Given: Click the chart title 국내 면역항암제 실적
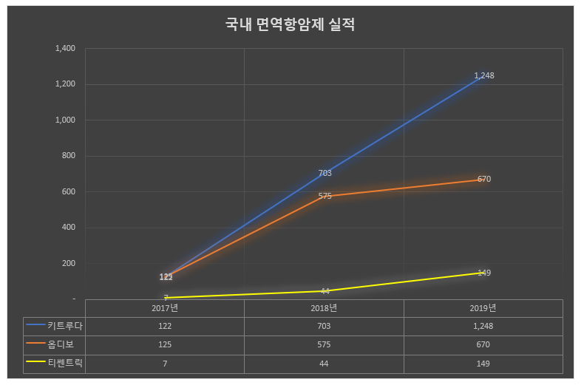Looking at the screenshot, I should pyautogui.click(x=291, y=24).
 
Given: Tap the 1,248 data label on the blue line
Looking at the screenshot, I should pyautogui.click(x=483, y=75).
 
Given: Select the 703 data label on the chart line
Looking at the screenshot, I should pyautogui.click(x=325, y=173).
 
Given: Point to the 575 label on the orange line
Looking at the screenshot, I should pyautogui.click(x=325, y=197).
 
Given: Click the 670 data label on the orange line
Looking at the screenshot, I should pyautogui.click(x=484, y=179).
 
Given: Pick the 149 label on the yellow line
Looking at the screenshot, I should pyautogui.click(x=484, y=273).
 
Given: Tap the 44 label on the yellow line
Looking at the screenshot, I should pyautogui.click(x=325, y=291).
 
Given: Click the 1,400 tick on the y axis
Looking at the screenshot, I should pyautogui.click(x=65, y=48).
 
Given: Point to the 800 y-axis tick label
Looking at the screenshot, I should pyautogui.click(x=69, y=156).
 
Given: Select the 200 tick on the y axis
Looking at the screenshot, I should pyautogui.click(x=69, y=263).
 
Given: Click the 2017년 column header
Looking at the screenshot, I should pyautogui.click(x=165, y=307).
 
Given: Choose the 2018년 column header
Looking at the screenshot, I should pyautogui.click(x=325, y=307).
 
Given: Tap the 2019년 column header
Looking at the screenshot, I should pyautogui.click(x=483, y=307).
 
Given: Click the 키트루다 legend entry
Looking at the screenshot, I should pyautogui.click(x=55, y=325).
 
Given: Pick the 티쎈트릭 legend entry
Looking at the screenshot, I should pyautogui.click(x=55, y=363).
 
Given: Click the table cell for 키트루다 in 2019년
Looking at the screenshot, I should pyautogui.click(x=483, y=325).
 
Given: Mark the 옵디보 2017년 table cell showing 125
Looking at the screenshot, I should pyautogui.click(x=165, y=344).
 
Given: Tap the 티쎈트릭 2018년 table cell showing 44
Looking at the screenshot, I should pyautogui.click(x=325, y=363).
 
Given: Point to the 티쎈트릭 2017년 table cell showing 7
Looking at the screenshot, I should pyautogui.click(x=165, y=363).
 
